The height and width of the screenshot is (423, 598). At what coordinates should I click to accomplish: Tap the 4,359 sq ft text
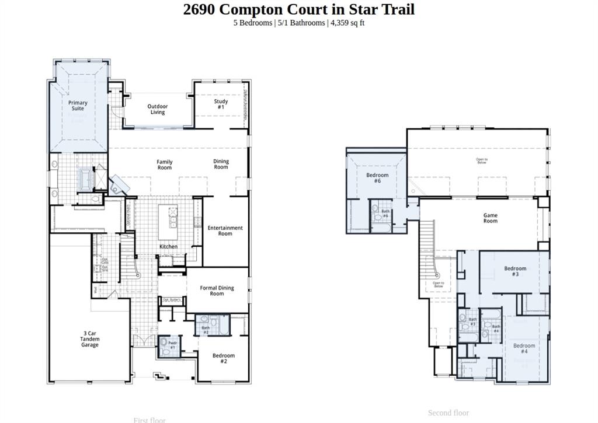point(347,23)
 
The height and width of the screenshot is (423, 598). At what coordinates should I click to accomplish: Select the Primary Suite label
point(78,106)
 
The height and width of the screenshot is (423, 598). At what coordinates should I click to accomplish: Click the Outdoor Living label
point(157,109)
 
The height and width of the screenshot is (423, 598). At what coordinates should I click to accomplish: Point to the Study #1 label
point(221,104)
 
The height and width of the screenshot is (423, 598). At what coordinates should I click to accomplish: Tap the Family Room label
point(165,165)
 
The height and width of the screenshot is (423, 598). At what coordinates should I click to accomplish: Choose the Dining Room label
point(221,165)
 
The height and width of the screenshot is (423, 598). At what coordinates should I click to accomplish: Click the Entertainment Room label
point(225,230)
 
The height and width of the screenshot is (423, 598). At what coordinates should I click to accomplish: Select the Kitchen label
point(169,247)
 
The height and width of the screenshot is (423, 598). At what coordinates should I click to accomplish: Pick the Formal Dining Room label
point(217,291)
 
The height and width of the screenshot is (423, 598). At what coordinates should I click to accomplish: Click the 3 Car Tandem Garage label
point(90,339)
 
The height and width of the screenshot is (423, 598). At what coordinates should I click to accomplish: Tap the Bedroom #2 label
point(224,358)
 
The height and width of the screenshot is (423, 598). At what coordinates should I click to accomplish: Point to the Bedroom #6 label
point(377,178)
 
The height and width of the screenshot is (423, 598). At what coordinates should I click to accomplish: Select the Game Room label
point(491,218)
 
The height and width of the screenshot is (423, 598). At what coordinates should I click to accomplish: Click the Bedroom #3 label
point(515,271)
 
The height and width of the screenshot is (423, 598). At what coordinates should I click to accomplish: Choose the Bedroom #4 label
point(524,348)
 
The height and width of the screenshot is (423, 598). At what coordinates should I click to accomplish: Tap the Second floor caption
point(448,413)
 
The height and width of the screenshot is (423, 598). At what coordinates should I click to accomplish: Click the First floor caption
point(149,419)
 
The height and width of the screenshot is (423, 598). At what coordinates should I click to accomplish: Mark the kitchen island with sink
point(173,222)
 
